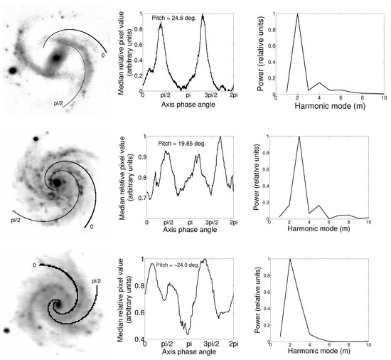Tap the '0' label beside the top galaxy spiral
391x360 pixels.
click(103, 55)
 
